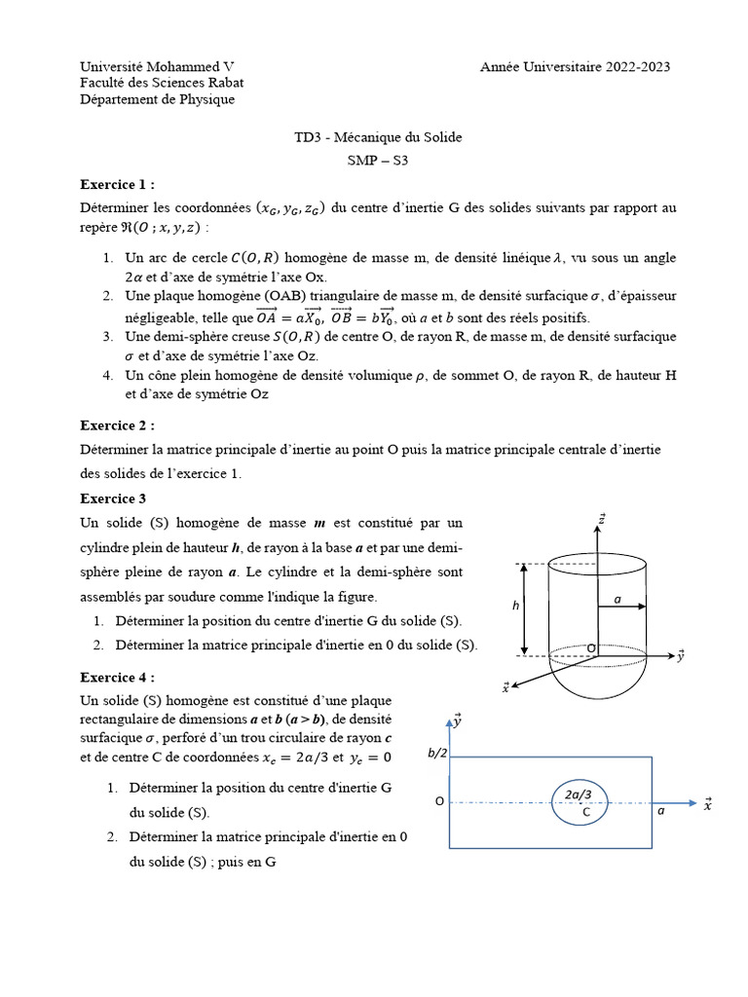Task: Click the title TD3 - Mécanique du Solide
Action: (x=378, y=137)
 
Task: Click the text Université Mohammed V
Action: (x=156, y=66)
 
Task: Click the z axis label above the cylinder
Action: (x=602, y=519)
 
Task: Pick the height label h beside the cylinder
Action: (x=516, y=606)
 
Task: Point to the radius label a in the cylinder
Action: (x=617, y=600)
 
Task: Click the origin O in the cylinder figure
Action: (x=590, y=648)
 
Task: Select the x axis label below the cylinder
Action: (x=506, y=688)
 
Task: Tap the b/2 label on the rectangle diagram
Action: (x=435, y=753)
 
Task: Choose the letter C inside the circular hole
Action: (x=586, y=811)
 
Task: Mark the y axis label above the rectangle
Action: (x=457, y=721)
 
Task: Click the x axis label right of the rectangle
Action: (x=708, y=803)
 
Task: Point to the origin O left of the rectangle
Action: (x=439, y=801)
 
